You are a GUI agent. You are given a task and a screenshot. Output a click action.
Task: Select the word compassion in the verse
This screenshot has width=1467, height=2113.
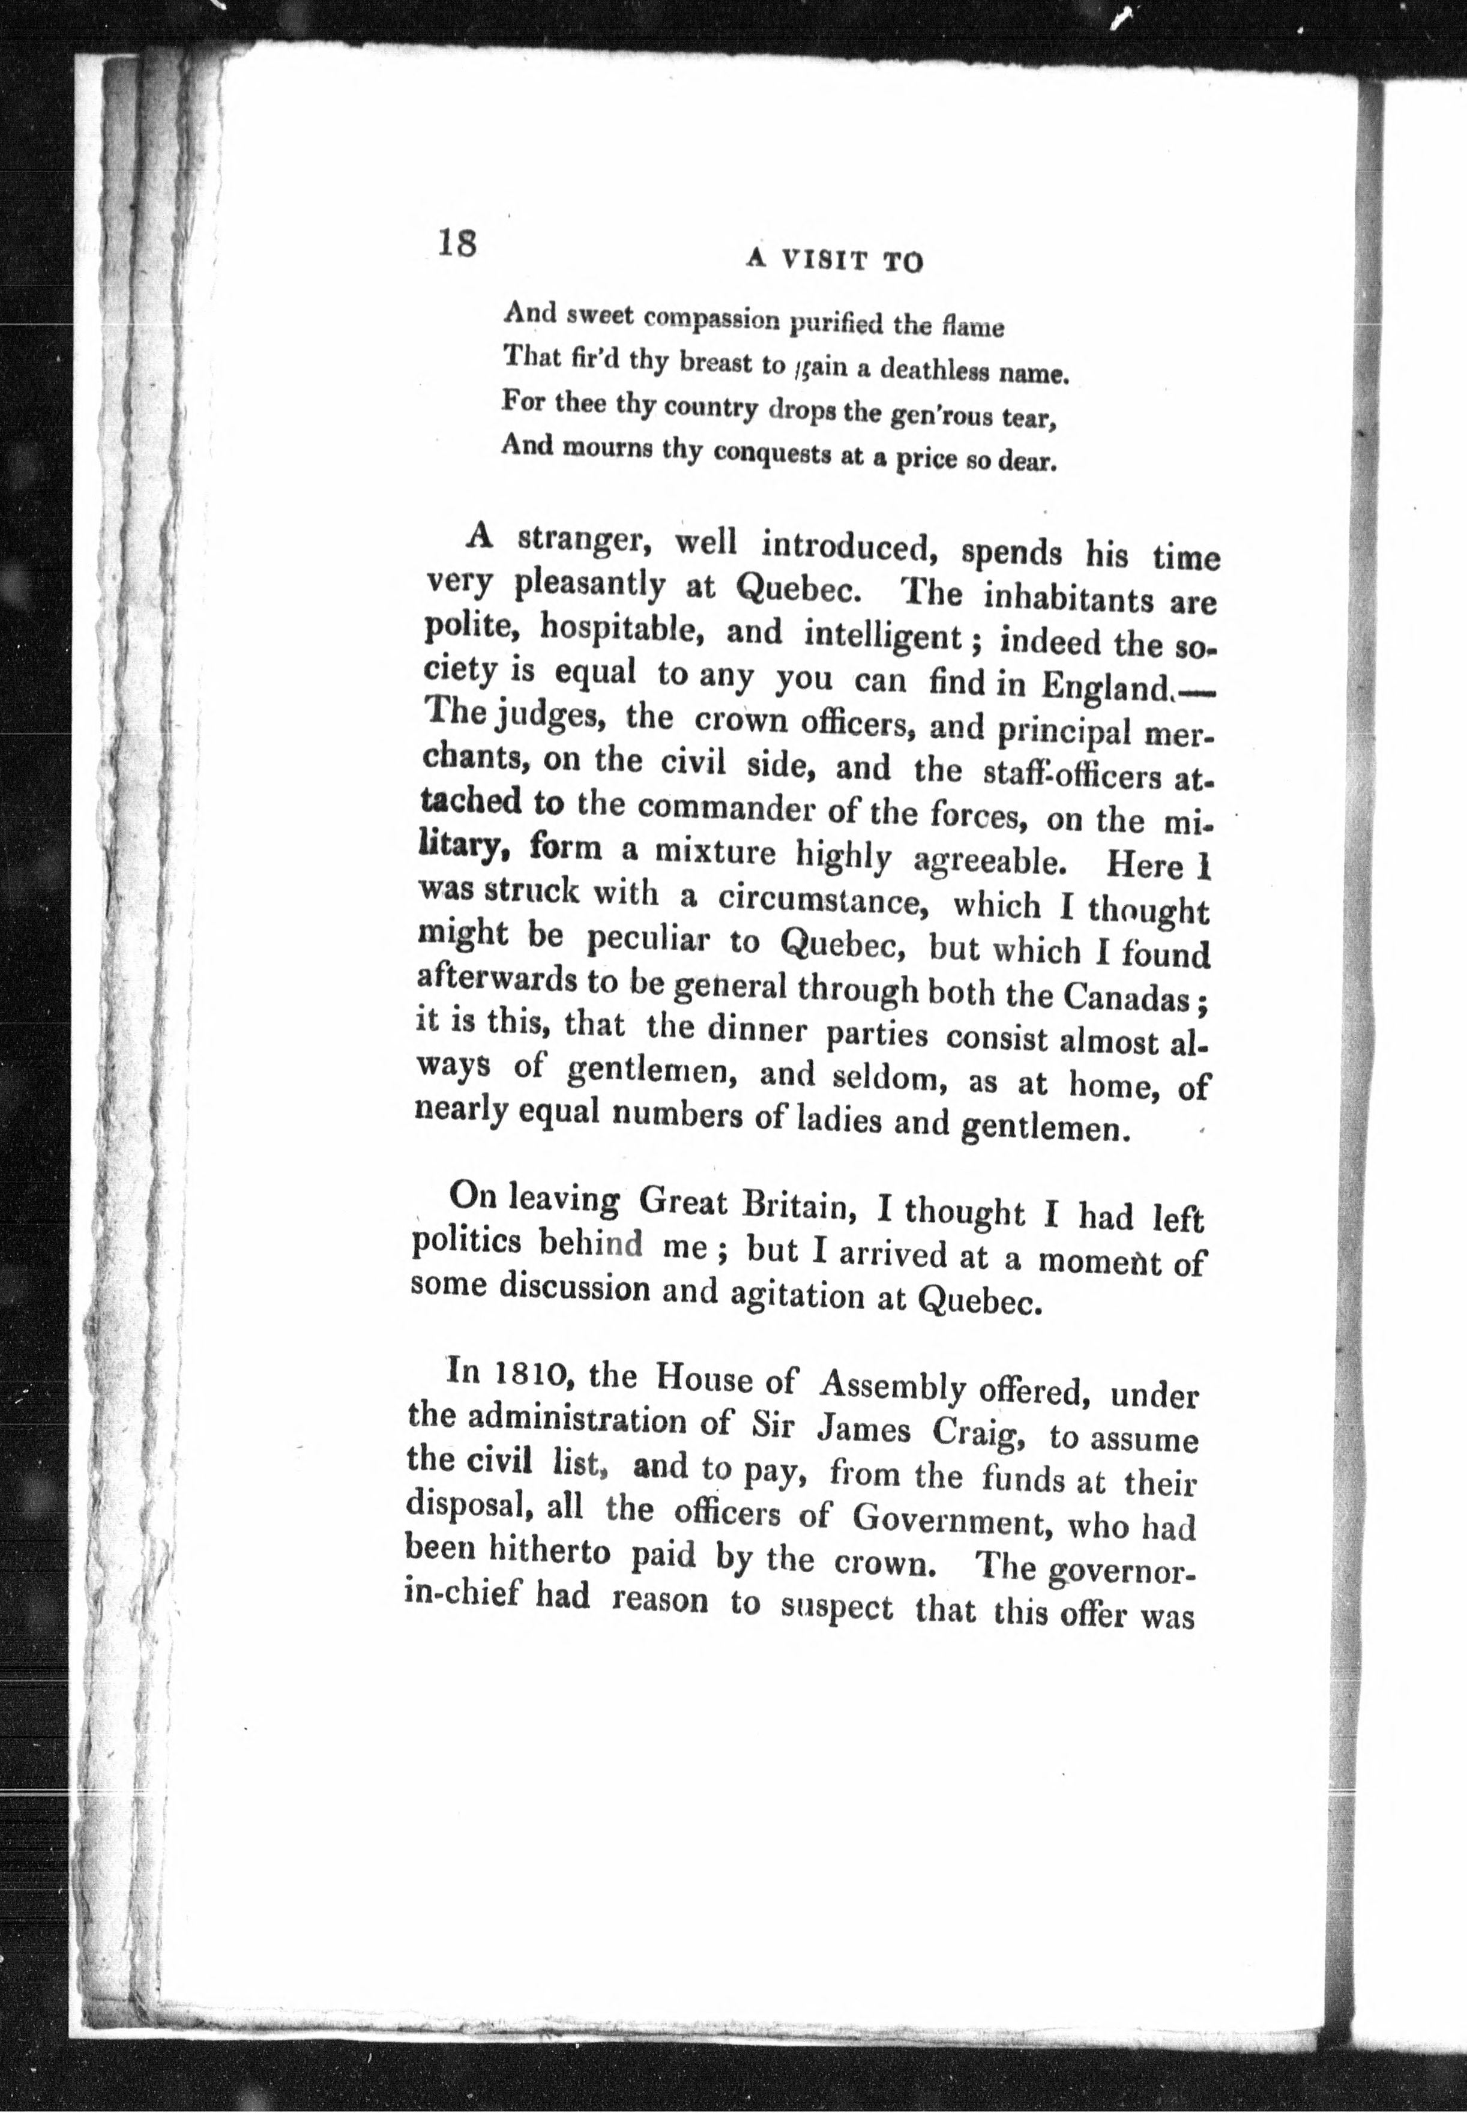(709, 319)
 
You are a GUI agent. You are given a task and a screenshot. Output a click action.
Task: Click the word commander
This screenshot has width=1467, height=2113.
(721, 808)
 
